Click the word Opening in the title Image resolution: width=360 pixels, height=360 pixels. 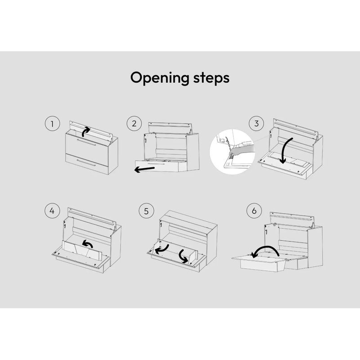click(160, 78)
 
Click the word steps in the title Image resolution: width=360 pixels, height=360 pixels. click(211, 78)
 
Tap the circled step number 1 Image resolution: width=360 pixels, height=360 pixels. click(52, 123)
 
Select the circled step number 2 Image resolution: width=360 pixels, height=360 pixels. click(134, 123)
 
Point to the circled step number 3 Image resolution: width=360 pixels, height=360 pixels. click(256, 123)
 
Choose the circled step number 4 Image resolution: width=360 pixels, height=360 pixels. click(52, 211)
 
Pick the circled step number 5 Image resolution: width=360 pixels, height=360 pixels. click(146, 211)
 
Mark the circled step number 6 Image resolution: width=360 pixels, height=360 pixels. click(254, 211)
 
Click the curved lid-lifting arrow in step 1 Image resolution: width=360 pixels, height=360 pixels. click(85, 131)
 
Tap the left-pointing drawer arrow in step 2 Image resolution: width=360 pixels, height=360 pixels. click(144, 170)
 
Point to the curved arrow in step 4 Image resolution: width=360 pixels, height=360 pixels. click(88, 243)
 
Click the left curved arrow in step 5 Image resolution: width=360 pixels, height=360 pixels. click(162, 250)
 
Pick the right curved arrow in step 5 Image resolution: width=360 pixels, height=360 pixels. click(183, 256)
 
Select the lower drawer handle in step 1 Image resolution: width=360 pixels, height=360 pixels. click(86, 162)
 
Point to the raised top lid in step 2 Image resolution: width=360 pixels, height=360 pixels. click(170, 128)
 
